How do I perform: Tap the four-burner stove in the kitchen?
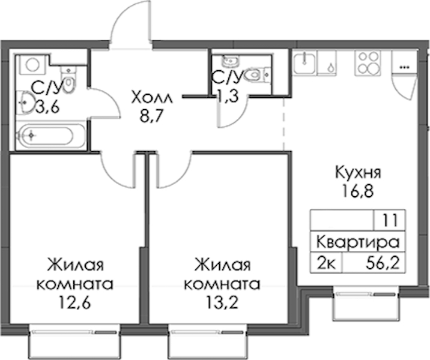pyautogui.click(x=368, y=63)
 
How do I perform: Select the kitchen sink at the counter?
pyautogui.click(x=304, y=63)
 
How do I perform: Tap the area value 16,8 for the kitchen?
pyautogui.click(x=357, y=191)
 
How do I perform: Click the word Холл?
pyautogui.click(x=152, y=98)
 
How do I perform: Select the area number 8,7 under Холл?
pyautogui.click(x=151, y=116)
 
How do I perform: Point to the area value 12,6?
pyautogui.click(x=74, y=303)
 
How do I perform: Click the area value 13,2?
pyautogui.click(x=222, y=303)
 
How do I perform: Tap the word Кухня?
pyautogui.click(x=358, y=173)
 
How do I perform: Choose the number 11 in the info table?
pyautogui.click(x=390, y=220)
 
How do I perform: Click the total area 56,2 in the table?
pyautogui.click(x=383, y=263)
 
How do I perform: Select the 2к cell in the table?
pyautogui.click(x=326, y=263)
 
